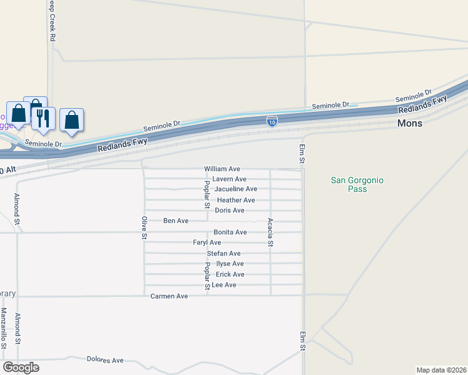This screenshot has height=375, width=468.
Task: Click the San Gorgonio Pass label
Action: [357, 184]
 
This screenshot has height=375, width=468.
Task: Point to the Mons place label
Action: [410, 124]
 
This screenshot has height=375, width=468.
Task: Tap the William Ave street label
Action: [222, 169]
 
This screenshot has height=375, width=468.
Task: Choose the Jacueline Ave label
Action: [236, 189]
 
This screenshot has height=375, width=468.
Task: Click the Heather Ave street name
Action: [236, 200]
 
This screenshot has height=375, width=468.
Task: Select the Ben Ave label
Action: [176, 221]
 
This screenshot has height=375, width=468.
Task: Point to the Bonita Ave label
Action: [230, 232]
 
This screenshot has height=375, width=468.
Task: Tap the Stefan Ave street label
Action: [225, 253]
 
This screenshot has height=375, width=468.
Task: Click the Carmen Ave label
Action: [169, 296]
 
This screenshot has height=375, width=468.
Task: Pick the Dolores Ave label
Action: [105, 361]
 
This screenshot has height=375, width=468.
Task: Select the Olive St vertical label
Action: [144, 228]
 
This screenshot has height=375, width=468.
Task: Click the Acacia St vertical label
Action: [270, 232]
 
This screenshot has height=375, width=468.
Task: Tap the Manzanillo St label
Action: [4, 327]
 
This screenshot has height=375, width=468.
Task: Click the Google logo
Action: [21, 367]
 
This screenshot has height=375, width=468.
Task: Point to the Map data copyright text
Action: [441, 370]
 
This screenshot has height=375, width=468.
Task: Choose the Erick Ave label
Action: [230, 274]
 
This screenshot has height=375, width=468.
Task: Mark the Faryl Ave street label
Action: [207, 242]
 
